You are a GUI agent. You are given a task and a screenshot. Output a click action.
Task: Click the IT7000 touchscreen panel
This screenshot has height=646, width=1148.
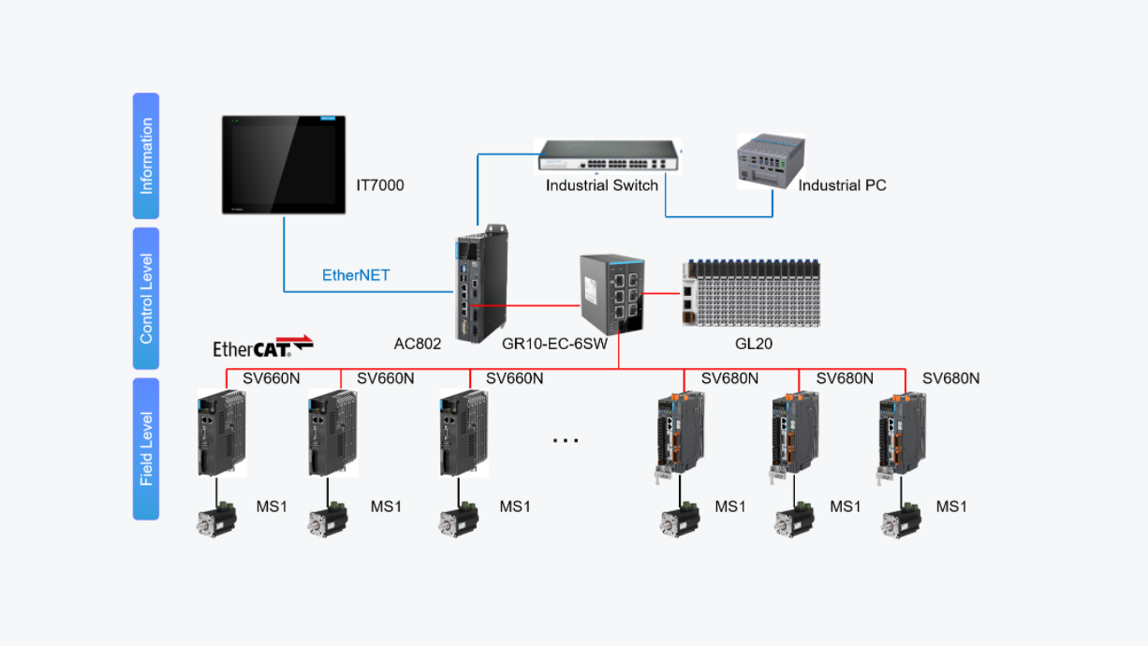coord(284,164)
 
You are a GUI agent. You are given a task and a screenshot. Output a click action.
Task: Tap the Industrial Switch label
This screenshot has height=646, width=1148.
coord(602,185)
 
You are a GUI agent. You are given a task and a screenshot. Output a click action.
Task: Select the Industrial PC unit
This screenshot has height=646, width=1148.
coord(771,160)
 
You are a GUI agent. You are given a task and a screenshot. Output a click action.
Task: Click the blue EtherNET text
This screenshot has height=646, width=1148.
coord(356,275)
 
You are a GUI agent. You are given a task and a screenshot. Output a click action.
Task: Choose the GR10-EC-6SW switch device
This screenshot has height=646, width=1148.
coord(612,294)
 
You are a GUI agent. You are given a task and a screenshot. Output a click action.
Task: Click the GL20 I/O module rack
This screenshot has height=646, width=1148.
coord(752,292)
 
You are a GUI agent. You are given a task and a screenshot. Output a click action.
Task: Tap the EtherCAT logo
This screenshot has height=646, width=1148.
coord(262,346)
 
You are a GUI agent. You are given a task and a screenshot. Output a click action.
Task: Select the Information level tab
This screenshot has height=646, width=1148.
coord(146,155)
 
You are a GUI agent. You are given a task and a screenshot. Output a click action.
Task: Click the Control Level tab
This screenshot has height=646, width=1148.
coord(146,298)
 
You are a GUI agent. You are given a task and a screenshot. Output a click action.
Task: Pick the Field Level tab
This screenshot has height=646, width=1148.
coord(146,448)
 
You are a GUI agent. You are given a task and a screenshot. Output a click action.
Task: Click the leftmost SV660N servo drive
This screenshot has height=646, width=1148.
coord(222,433)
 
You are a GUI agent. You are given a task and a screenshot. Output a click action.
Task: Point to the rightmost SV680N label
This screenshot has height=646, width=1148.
coord(950,378)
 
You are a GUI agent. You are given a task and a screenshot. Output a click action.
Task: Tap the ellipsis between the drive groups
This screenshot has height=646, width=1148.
coord(566,439)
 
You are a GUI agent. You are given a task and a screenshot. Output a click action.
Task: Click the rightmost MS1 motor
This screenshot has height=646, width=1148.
coord(902,520)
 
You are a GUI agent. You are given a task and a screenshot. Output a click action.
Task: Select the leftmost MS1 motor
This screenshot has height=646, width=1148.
coord(216,520)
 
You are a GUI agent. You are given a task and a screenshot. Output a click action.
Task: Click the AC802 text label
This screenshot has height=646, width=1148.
coord(418,344)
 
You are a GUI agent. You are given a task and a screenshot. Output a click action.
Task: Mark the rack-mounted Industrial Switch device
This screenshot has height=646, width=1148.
coord(609,155)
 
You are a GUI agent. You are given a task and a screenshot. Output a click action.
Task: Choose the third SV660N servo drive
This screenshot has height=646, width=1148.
coord(464,433)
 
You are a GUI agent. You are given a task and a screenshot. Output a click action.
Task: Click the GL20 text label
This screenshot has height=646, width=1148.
coord(754,344)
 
